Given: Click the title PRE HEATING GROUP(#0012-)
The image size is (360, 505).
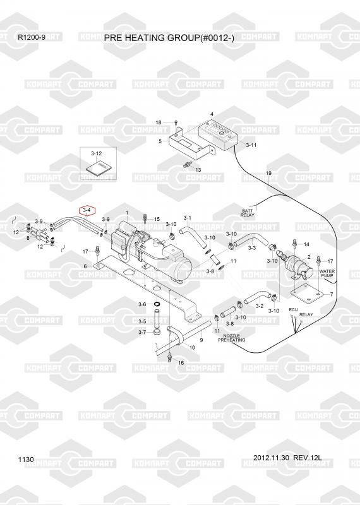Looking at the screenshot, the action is pyautogui.click(x=169, y=38).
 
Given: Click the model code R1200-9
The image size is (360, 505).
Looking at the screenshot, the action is pyautogui.click(x=32, y=37).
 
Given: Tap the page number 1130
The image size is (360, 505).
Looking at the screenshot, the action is pyautogui.click(x=26, y=460).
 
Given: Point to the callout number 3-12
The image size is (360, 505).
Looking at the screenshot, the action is pyautogui.click(x=97, y=153).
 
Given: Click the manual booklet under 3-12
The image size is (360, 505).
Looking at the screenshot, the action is pyautogui.click(x=98, y=169).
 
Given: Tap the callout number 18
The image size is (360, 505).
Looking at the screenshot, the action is pyautogui.click(x=159, y=122).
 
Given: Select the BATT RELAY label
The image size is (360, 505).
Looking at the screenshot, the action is pyautogui.click(x=248, y=213).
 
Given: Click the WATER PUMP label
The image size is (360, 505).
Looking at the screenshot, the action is pyautogui.click(x=327, y=273).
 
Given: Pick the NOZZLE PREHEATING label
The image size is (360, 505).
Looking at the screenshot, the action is pyautogui.click(x=231, y=338).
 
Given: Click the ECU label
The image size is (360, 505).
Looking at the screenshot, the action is pyautogui.click(x=293, y=310).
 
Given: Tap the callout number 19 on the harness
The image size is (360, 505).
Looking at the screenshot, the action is pyautogui.click(x=268, y=173).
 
